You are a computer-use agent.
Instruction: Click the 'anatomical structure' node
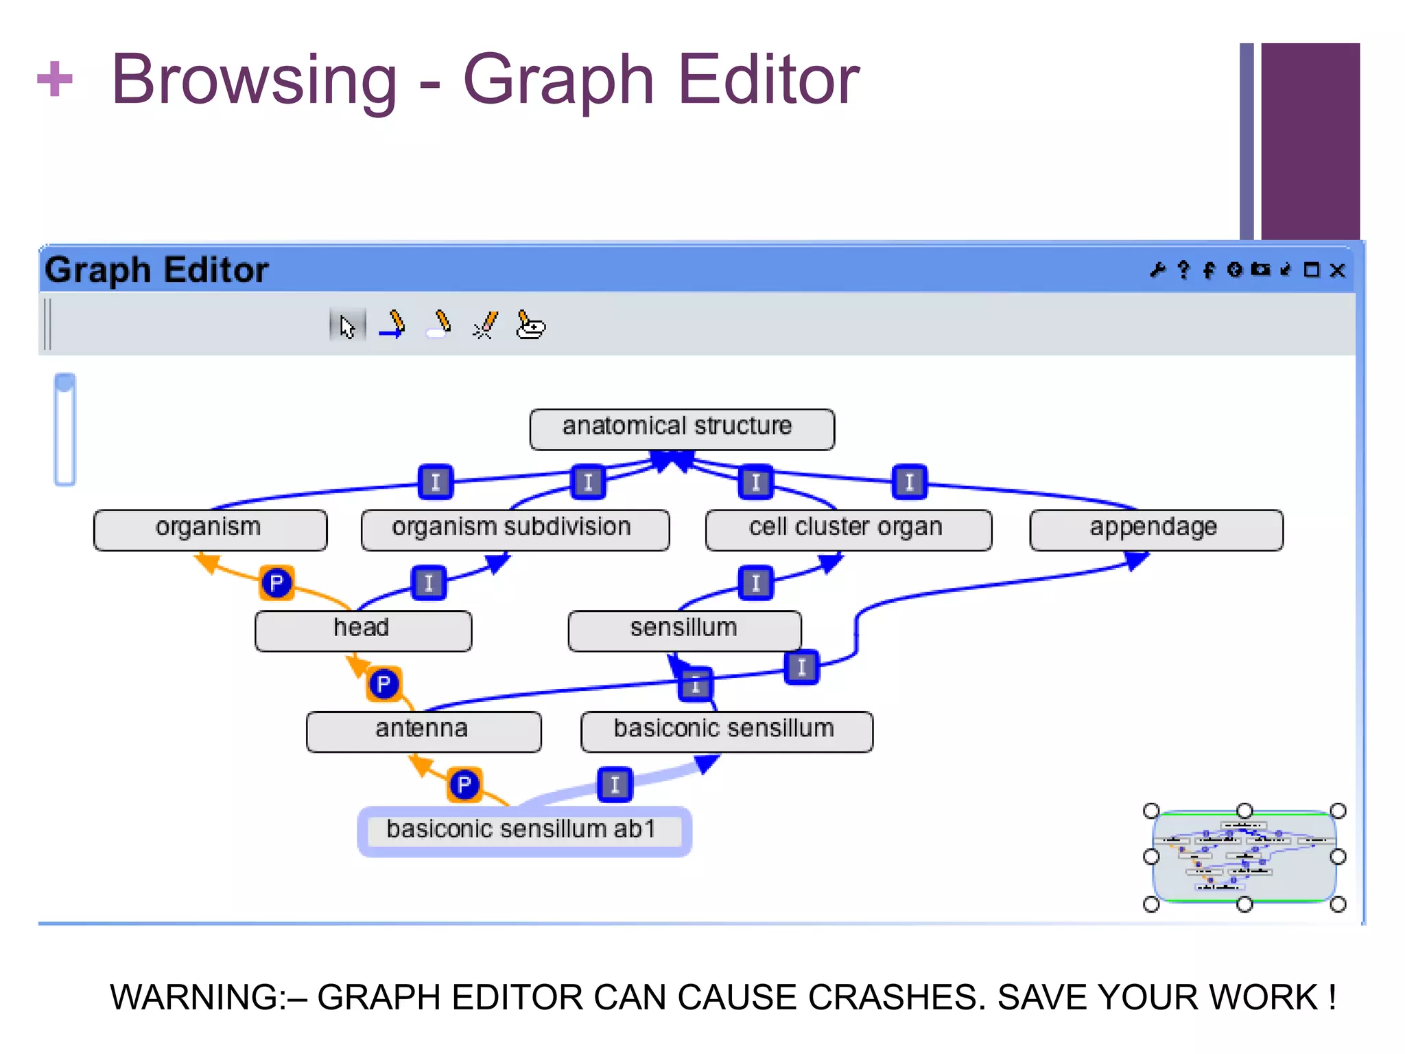(682, 429)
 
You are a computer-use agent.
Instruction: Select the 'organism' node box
(210, 530)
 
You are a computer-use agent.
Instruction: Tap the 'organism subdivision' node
(515, 530)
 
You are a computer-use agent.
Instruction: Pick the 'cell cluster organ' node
(848, 530)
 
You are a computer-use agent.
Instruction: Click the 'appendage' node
(1156, 530)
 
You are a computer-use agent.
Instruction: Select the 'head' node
(363, 631)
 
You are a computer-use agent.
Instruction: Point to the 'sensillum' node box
(685, 631)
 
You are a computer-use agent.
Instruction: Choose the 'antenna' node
(423, 731)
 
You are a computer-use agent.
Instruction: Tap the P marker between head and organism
(276, 583)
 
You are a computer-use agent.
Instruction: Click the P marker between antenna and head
(383, 684)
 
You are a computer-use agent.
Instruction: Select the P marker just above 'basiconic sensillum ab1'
(464, 784)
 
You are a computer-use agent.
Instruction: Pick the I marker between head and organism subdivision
(429, 583)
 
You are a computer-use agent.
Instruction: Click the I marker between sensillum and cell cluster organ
(756, 583)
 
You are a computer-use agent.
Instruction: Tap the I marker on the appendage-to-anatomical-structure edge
(909, 482)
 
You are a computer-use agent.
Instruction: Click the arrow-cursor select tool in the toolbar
(348, 326)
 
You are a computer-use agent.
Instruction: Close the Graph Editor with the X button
(1337, 270)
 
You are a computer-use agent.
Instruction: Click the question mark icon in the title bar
(1183, 270)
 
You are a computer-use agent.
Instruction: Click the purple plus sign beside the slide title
(55, 80)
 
